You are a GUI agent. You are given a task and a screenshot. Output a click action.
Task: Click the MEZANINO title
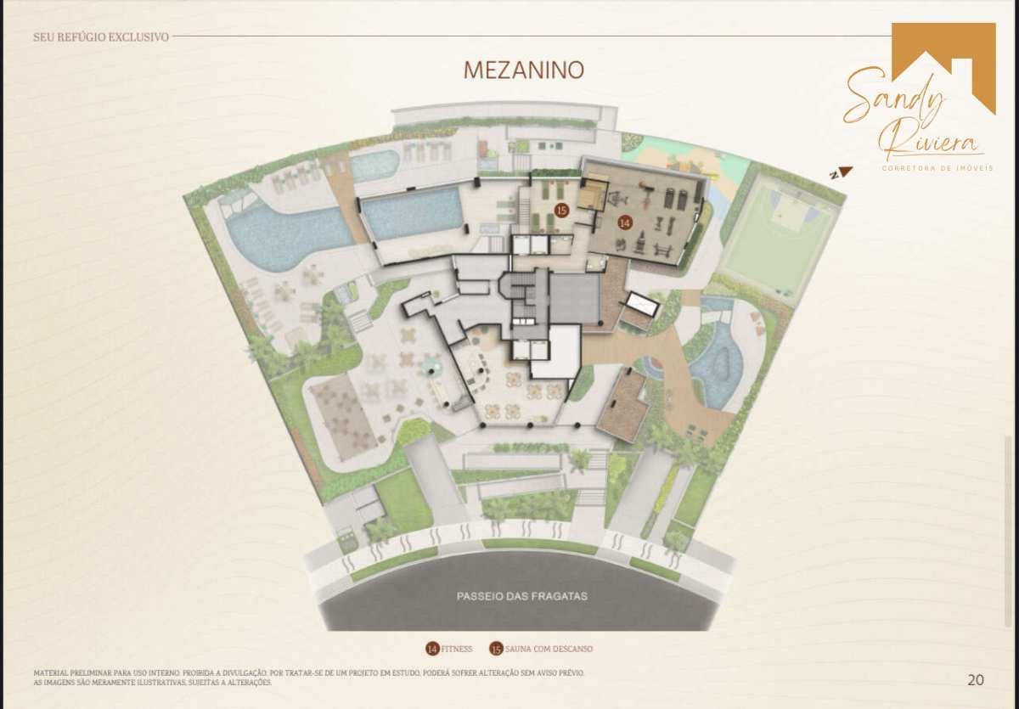524,70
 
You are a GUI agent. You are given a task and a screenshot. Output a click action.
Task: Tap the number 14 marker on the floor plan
625,222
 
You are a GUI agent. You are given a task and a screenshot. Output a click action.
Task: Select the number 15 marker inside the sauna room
562,210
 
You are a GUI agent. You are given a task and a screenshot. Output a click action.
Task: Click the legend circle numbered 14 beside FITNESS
432,649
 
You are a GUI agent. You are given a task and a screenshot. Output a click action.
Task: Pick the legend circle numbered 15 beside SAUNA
496,649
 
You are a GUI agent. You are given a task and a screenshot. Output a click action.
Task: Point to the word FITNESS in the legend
456,649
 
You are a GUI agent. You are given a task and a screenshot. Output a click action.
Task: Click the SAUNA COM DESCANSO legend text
549,649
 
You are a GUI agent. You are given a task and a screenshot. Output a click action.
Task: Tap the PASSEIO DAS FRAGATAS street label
521,596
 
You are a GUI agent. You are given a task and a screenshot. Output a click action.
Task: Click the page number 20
976,680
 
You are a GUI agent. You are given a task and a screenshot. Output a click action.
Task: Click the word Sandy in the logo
894,98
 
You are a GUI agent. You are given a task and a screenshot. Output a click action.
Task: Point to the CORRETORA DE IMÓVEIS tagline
937,168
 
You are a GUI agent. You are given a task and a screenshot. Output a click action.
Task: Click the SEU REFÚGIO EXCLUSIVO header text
101,37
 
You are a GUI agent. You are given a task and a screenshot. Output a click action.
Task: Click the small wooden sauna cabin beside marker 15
594,194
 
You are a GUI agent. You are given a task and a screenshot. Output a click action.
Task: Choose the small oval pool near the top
375,165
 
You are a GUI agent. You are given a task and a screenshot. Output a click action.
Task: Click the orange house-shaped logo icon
943,68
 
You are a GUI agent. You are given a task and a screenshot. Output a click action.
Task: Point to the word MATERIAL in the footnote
51,673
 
